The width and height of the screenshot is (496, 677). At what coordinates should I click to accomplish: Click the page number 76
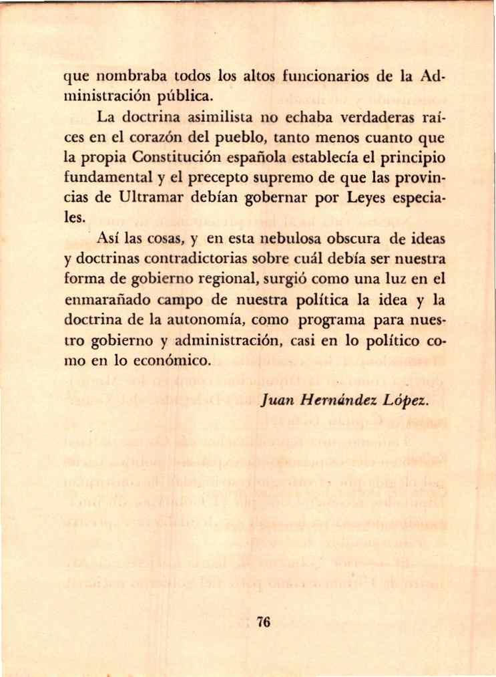[262, 622]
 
